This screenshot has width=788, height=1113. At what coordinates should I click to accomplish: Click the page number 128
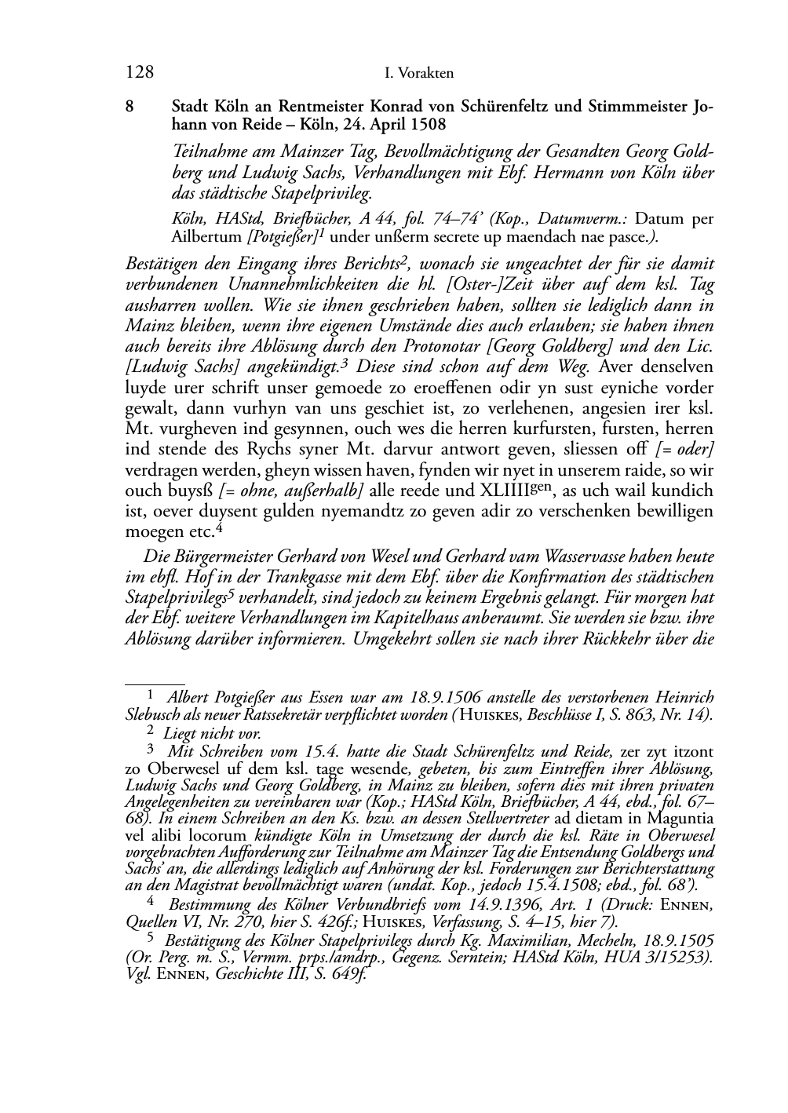point(139,74)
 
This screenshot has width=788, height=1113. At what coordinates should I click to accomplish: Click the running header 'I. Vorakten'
point(419,75)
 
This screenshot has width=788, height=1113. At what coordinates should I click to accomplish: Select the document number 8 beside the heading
point(130,105)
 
